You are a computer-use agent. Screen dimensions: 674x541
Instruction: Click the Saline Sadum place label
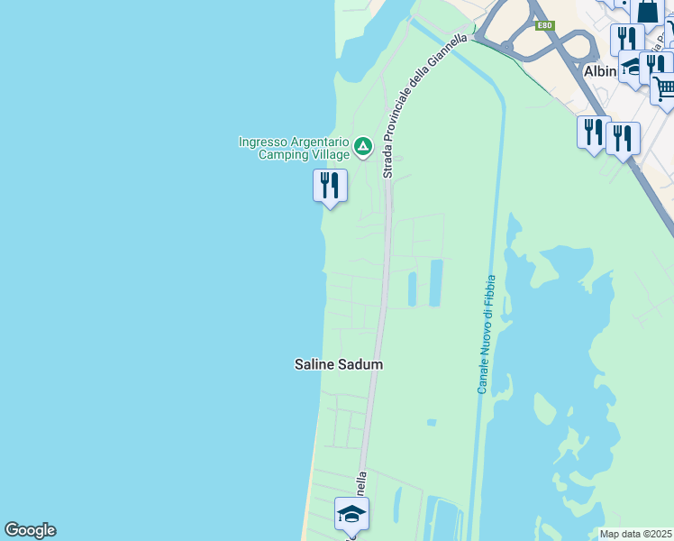click(x=339, y=364)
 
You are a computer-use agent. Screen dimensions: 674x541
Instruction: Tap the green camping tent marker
click(x=362, y=146)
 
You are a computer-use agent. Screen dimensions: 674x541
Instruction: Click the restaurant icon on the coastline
click(x=330, y=186)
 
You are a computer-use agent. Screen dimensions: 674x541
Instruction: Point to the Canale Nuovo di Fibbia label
click(x=487, y=334)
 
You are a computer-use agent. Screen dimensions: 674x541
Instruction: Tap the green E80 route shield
click(x=543, y=25)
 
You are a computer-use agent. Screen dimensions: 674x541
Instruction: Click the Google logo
click(x=30, y=530)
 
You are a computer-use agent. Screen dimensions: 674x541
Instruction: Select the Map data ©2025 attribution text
click(x=636, y=534)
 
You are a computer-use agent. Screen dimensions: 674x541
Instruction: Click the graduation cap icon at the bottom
click(x=351, y=514)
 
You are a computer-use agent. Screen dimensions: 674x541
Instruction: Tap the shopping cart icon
click(x=664, y=87)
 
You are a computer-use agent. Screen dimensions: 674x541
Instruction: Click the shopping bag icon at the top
click(x=648, y=11)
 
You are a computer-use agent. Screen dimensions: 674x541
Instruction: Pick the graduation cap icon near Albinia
click(x=632, y=65)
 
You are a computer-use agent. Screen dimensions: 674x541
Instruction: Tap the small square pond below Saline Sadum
click(x=432, y=422)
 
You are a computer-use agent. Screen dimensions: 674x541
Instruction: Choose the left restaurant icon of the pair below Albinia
click(x=593, y=133)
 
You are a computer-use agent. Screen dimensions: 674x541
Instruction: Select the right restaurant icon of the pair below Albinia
click(x=623, y=138)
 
